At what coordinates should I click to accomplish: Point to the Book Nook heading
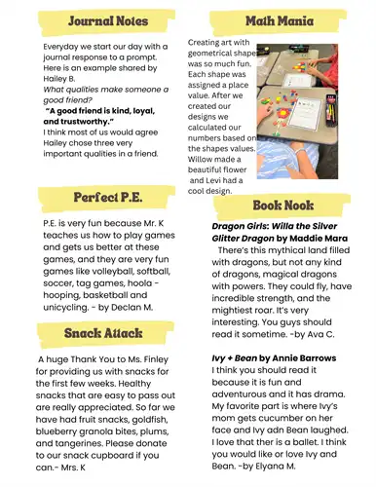coord(282,206)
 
